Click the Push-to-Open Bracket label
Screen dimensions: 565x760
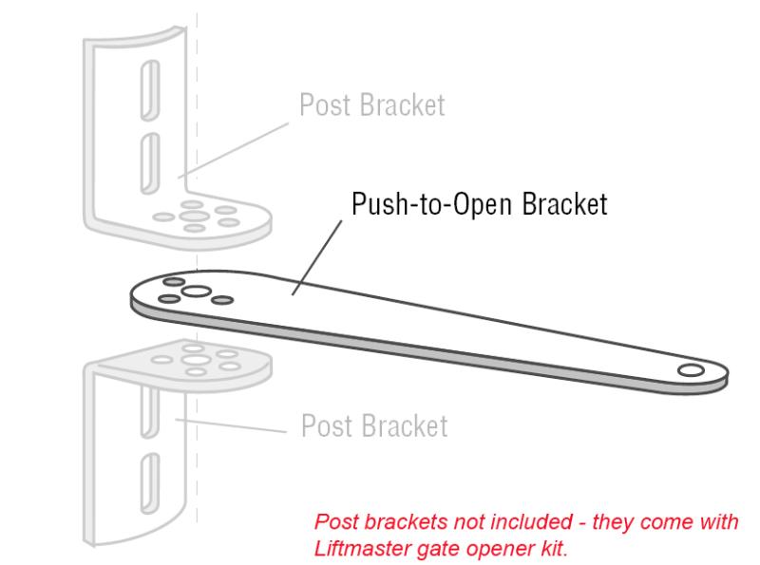(479, 205)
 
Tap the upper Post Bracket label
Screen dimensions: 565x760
(371, 104)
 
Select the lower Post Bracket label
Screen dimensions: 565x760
(373, 425)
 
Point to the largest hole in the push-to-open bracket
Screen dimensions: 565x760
(198, 291)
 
